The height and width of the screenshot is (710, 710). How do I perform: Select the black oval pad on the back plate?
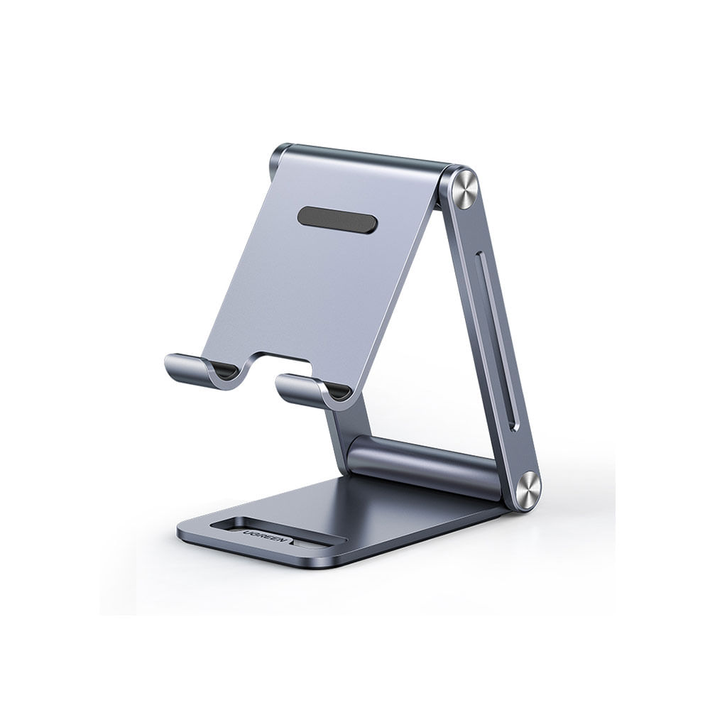[337, 221]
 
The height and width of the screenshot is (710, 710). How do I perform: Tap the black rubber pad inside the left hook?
[225, 371]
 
